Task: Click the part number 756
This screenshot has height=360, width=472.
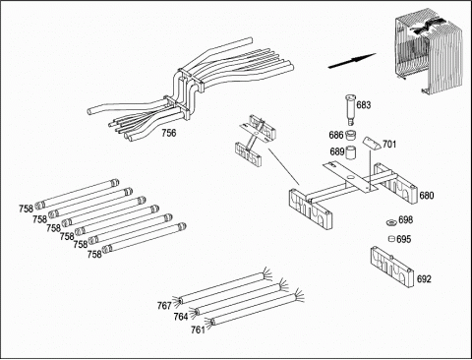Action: coord(168,133)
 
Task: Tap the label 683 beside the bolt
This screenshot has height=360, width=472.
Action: coord(364,105)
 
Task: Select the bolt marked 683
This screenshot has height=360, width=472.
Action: coord(350,109)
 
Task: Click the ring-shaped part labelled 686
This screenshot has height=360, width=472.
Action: coord(351,135)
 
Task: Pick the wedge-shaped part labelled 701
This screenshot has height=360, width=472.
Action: coord(372,144)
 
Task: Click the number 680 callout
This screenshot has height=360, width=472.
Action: coord(427,196)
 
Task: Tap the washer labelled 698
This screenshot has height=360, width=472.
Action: coord(391,222)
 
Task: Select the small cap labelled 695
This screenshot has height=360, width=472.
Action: coord(391,238)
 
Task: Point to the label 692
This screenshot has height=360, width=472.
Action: coord(424,279)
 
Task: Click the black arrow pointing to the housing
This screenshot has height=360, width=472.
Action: coord(352,61)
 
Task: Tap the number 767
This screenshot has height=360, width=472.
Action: coord(164,306)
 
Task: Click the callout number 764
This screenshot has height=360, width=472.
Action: coord(181,317)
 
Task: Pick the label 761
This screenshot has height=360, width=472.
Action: coord(198,330)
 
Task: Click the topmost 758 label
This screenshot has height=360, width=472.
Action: coord(26,209)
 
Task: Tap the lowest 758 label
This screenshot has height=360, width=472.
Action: coord(94,254)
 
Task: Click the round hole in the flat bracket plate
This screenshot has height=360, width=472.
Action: coord(351,178)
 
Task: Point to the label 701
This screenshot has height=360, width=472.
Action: coord(389,144)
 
